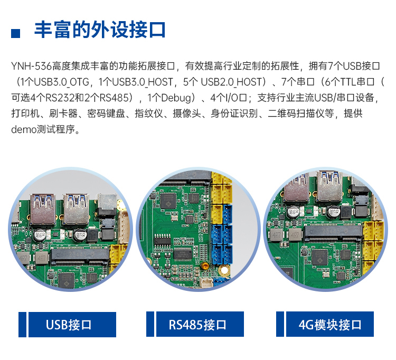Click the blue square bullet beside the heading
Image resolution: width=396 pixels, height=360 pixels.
pyautogui.click(x=15, y=34)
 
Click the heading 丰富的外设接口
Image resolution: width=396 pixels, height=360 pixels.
pyautogui.click(x=100, y=30)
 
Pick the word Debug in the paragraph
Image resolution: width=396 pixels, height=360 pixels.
pyautogui.click(x=176, y=98)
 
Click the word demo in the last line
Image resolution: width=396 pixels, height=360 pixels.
pyautogui.click(x=24, y=129)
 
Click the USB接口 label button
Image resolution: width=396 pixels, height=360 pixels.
pyautogui.click(x=72, y=325)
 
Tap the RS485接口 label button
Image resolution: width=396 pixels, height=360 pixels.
pyautogui.click(x=200, y=324)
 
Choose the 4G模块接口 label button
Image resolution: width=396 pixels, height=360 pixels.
pyautogui.click(x=330, y=324)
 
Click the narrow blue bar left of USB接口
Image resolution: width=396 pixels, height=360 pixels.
pyautogui.click(x=22, y=325)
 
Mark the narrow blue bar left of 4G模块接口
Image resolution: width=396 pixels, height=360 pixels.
pyautogui.click(x=280, y=324)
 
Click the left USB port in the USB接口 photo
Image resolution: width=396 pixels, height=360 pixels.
pyautogui.click(x=43, y=210)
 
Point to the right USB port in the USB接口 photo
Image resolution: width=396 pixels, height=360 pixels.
pyautogui.click(x=76, y=209)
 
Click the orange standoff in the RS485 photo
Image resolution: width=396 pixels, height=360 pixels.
pyautogui.click(x=204, y=266)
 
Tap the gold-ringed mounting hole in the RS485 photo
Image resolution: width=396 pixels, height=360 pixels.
pyautogui.click(x=224, y=270)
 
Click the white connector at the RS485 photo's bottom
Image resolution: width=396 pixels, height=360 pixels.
pyautogui.click(x=206, y=282)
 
